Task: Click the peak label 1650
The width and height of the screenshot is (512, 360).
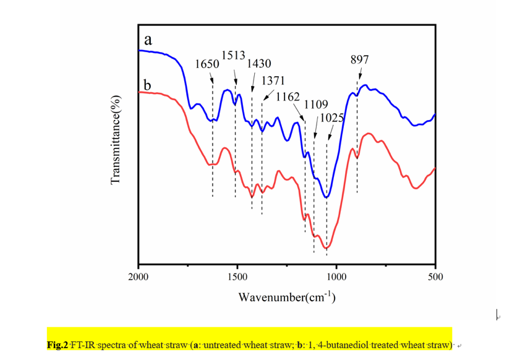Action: [x=205, y=64]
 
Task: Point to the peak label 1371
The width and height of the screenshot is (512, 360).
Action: [x=273, y=81]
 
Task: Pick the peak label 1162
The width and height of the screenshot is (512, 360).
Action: [x=288, y=96]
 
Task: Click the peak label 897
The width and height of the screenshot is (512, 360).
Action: [x=359, y=59]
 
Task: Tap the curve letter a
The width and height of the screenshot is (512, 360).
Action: [x=148, y=40]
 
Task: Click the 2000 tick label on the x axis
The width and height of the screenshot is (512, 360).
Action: [x=138, y=277]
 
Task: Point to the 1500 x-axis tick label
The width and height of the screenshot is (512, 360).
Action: [x=237, y=277]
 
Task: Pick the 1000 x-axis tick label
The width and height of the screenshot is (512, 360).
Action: [x=336, y=277]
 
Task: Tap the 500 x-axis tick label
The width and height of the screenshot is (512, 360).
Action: [x=435, y=277]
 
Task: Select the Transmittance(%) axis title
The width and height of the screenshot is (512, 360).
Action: [x=114, y=140]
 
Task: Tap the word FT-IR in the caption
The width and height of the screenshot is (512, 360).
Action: [x=83, y=345]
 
